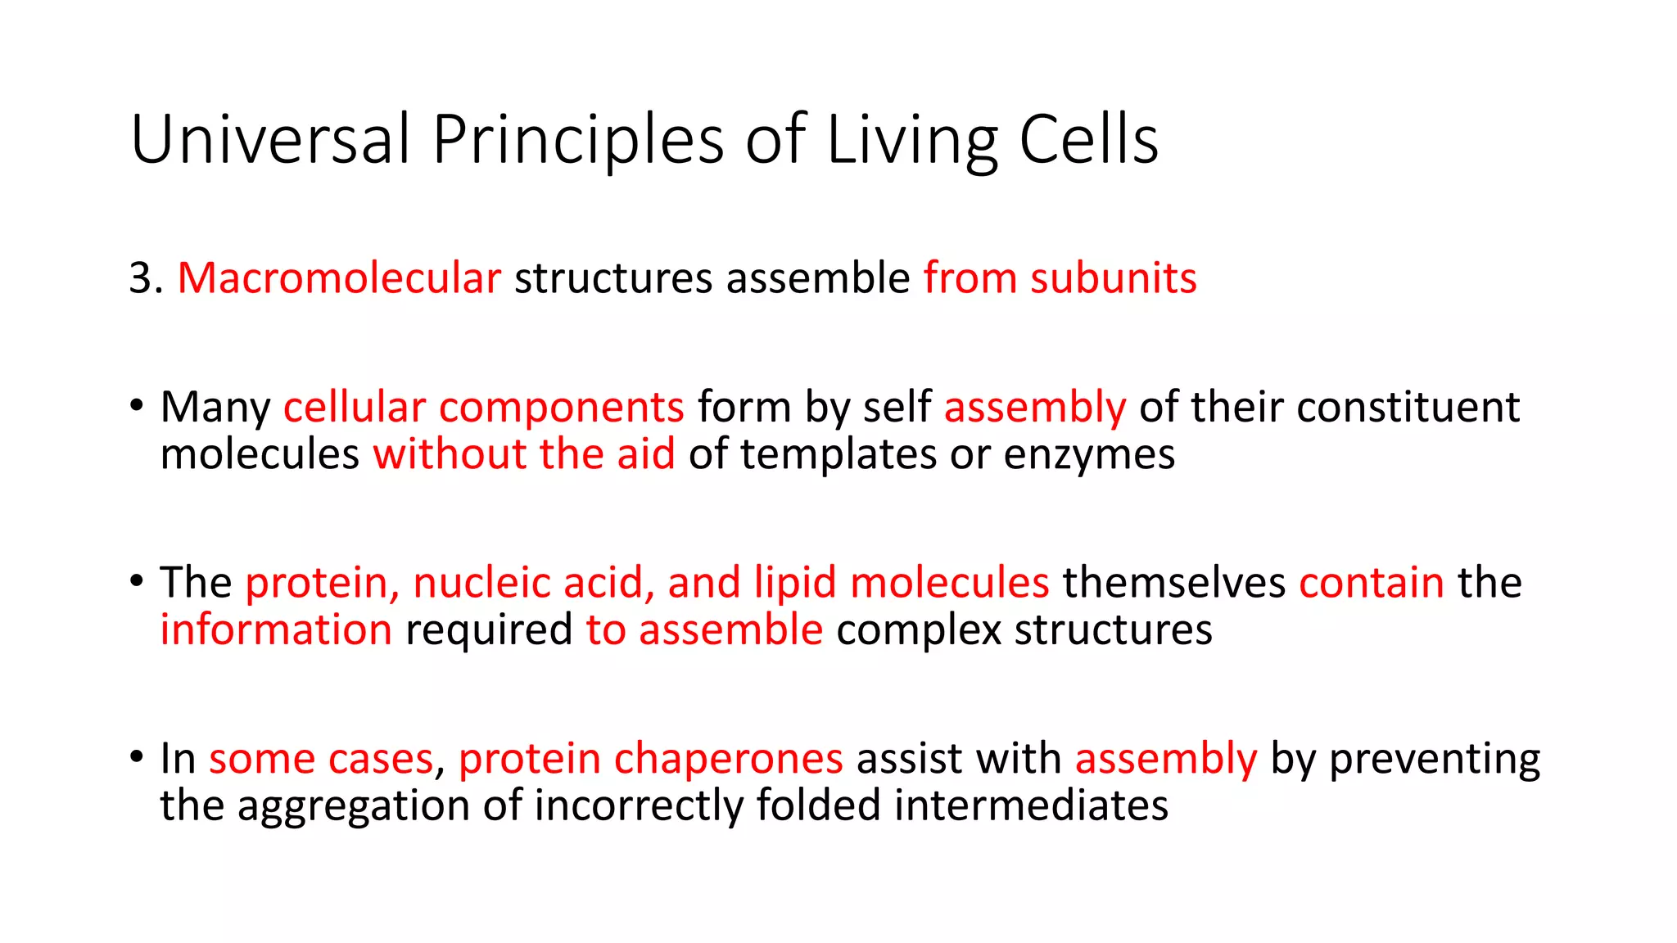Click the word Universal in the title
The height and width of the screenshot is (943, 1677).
coord(269,139)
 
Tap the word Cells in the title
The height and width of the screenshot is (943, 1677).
coord(1088,139)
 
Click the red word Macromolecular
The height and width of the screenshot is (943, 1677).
coord(339,278)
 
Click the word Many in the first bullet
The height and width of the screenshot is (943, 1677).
coord(215,408)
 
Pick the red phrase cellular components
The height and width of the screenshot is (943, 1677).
coord(483,408)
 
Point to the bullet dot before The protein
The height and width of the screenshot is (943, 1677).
coord(137,580)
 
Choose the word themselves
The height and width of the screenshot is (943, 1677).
coord(1173,583)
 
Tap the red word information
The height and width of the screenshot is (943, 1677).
coord(276,630)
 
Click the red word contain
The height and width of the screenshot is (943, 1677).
coord(1371,583)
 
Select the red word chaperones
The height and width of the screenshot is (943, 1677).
coord(728,759)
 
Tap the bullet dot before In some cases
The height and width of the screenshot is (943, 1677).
coord(137,756)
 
